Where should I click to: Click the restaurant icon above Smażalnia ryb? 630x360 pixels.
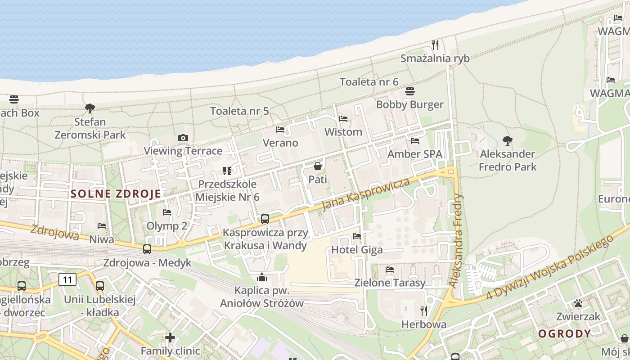click(435, 45)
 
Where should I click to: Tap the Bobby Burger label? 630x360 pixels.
click(409, 105)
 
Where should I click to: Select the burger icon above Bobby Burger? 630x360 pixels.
click(409, 92)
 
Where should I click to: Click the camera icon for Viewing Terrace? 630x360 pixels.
click(183, 138)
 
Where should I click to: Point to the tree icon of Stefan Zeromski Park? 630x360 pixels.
click(90, 108)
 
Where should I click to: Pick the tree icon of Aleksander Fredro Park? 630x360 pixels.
click(508, 141)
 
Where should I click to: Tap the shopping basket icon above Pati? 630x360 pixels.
click(318, 166)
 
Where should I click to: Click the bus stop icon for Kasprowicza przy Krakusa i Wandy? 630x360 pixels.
click(265, 219)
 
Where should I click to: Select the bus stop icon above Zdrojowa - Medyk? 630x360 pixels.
click(147, 249)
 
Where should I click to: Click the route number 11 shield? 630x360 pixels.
click(67, 280)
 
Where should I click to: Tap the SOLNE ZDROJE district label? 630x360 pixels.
click(116, 194)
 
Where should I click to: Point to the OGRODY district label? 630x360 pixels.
click(564, 334)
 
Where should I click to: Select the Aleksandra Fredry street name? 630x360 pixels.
click(457, 240)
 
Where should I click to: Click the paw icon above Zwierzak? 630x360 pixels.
click(578, 304)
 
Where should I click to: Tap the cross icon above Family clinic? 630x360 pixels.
click(170, 337)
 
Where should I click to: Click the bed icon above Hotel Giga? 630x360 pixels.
click(357, 236)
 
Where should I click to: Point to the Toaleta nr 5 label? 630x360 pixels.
click(239, 111)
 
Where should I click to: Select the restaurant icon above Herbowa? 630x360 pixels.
click(423, 311)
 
